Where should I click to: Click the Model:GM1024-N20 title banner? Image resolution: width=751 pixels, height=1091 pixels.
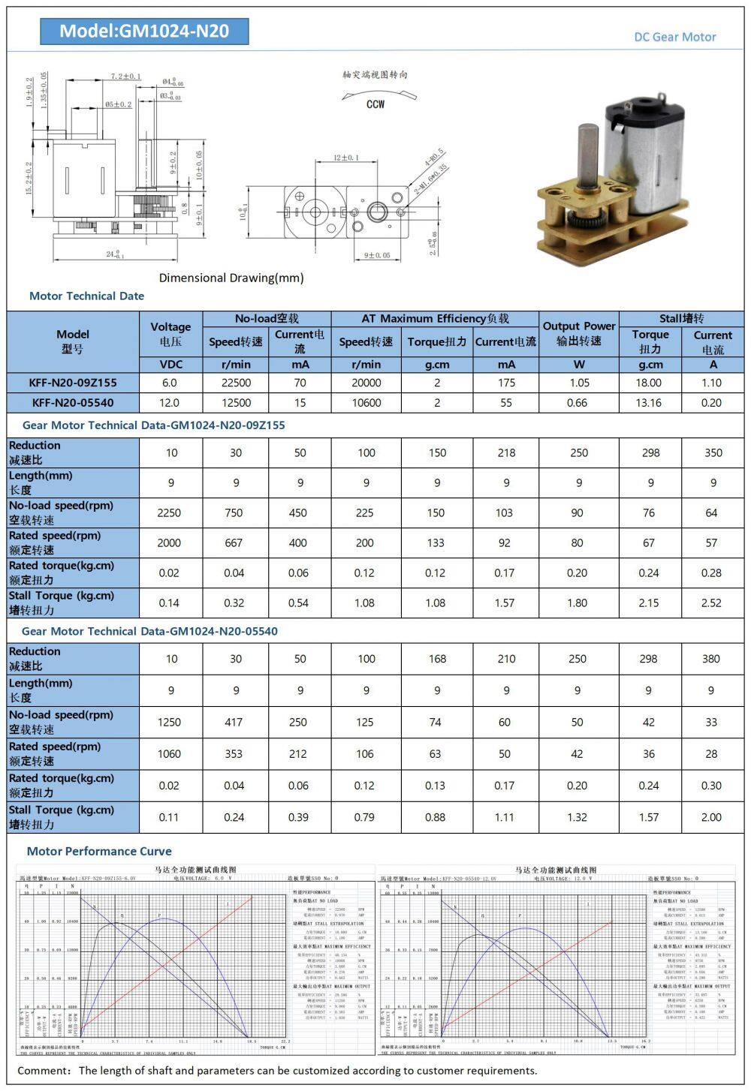(x=144, y=31)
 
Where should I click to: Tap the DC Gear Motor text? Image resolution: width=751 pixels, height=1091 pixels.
(x=674, y=37)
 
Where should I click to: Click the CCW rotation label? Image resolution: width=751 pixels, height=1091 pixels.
(x=375, y=104)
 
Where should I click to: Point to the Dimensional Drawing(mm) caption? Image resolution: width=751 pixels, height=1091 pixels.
(x=231, y=278)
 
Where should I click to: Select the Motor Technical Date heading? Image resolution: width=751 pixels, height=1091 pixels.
(x=86, y=296)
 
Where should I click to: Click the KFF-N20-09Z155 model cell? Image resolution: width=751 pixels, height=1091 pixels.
(x=73, y=383)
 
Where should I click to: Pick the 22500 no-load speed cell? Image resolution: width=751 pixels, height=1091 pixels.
(x=236, y=383)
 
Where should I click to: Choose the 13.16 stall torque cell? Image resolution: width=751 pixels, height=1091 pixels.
(x=649, y=403)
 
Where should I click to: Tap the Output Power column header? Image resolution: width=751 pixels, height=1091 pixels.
(x=579, y=333)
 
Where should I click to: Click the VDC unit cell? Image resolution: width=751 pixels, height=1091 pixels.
(x=170, y=365)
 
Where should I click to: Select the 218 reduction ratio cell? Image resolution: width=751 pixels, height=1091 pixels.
(x=506, y=452)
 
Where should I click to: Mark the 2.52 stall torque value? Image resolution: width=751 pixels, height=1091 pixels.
(x=711, y=603)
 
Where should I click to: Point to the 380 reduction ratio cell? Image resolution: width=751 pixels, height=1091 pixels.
(x=711, y=659)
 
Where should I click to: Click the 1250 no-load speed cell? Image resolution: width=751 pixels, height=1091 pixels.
(x=169, y=722)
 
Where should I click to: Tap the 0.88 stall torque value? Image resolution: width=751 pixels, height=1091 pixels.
(x=436, y=817)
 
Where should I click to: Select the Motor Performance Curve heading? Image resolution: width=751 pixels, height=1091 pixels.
(x=99, y=851)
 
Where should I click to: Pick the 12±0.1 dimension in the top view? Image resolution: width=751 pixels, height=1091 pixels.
(x=345, y=158)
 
